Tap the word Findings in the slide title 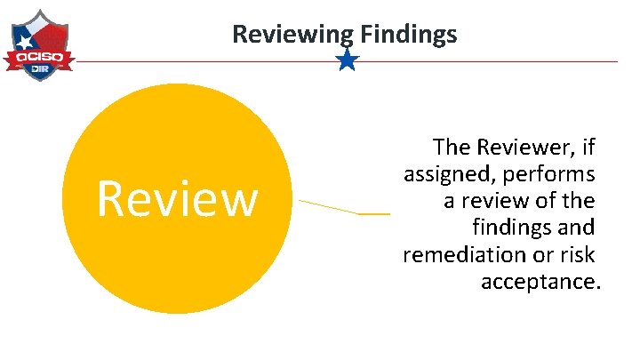pyautogui.click(x=410, y=35)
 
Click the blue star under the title pyautogui.click(x=348, y=60)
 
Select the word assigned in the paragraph pyautogui.click(x=444, y=172)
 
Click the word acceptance pyautogui.click(x=540, y=283)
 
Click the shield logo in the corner pyautogui.click(x=38, y=45)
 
